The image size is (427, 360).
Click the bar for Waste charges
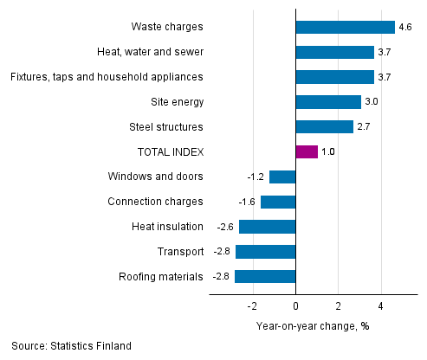tap(345, 27)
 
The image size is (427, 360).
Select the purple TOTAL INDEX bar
tap(307, 152)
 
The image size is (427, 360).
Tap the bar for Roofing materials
tap(265, 277)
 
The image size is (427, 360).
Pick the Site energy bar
tap(328, 102)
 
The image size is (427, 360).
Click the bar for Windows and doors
tap(282, 177)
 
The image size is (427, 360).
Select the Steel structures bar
tap(325, 127)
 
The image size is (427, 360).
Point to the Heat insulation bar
tap(268, 227)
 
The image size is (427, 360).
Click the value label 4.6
tap(405, 27)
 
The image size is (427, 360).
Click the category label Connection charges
tap(155, 202)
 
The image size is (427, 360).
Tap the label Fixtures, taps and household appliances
tap(107, 77)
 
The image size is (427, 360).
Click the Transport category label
tap(181, 252)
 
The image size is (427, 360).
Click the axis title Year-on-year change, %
tap(313, 325)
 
